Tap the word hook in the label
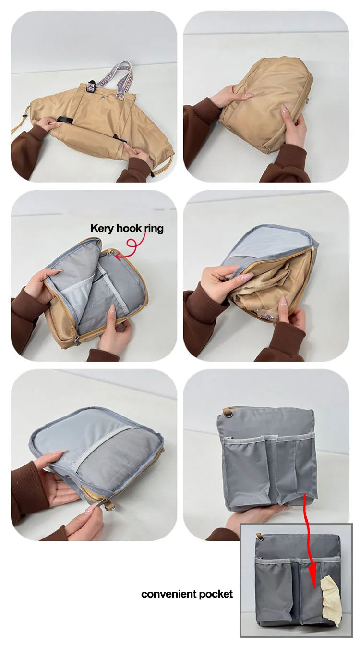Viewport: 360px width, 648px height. click(x=126, y=228)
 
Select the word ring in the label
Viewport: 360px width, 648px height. click(x=154, y=229)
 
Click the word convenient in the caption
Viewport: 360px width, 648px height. click(x=168, y=594)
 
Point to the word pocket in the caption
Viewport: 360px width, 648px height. click(x=216, y=595)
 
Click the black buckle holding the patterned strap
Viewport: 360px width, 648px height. click(x=91, y=86)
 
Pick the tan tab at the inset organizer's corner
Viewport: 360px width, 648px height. click(x=258, y=537)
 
